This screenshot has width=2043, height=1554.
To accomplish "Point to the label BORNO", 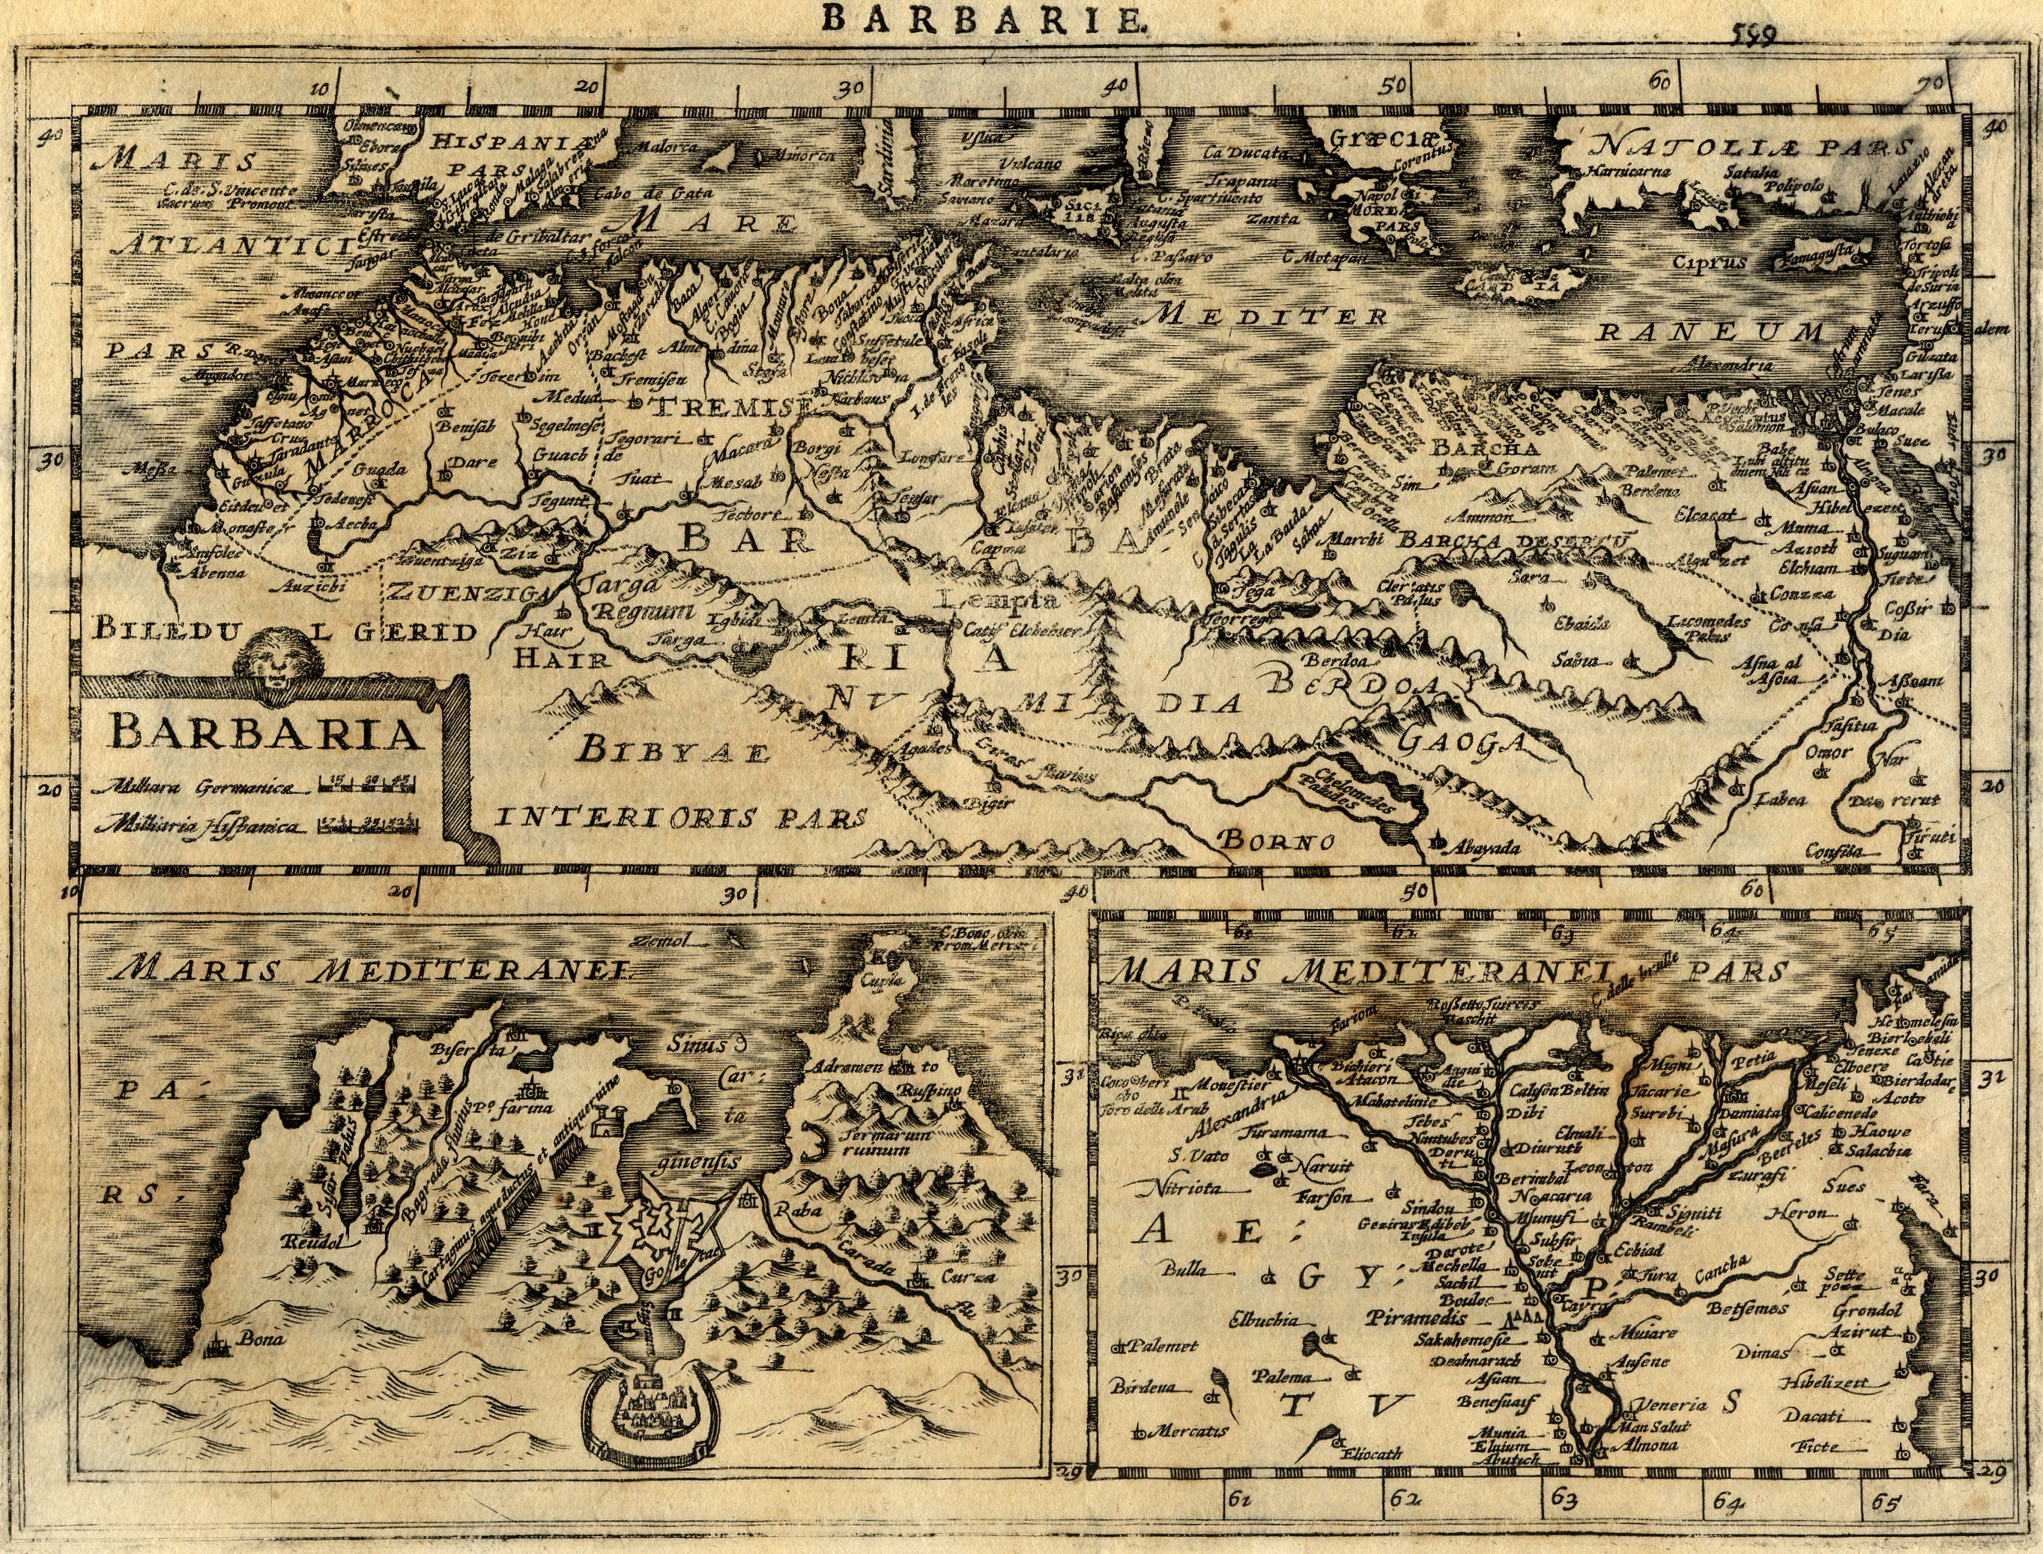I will coord(1277,841).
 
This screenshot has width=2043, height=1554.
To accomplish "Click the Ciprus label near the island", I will coord(1710,262).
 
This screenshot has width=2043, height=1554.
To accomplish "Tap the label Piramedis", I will coord(1420,1317).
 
